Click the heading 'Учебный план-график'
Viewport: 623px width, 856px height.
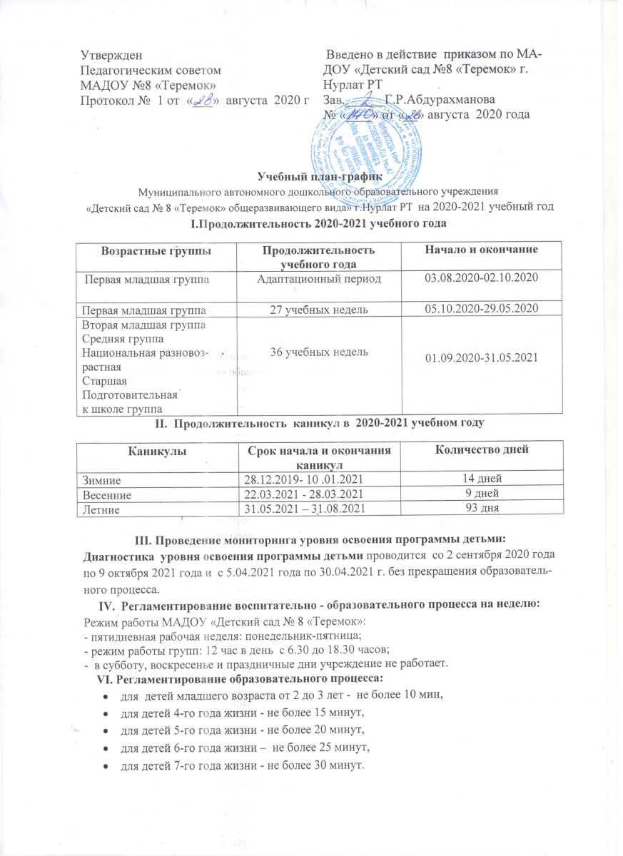coord(312,178)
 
